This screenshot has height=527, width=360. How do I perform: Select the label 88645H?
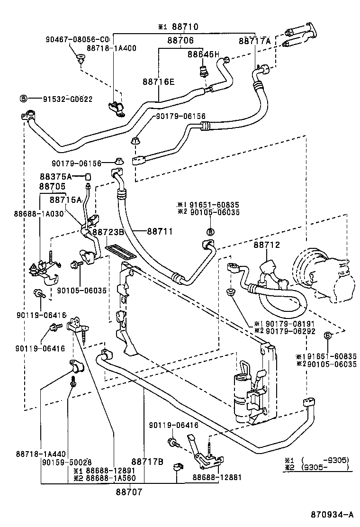coord(204,55)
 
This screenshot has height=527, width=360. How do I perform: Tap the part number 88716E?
coord(159,82)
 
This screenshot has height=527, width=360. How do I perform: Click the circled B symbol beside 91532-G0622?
coord(23,99)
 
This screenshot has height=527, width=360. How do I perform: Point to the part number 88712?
coord(267,245)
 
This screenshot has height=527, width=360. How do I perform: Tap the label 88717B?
coord(147,461)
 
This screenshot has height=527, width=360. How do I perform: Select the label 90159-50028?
coord(67,462)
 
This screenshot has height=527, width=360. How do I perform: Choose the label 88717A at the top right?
coord(255,41)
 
